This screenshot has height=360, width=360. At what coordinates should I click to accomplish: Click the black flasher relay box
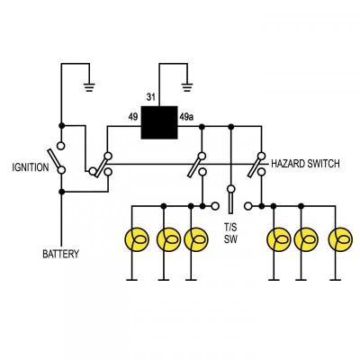click(x=158, y=122)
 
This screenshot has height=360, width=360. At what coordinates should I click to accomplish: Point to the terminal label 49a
click(x=186, y=116)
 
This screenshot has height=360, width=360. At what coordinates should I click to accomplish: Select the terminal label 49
click(x=132, y=116)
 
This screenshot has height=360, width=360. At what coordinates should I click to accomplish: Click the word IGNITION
click(x=30, y=167)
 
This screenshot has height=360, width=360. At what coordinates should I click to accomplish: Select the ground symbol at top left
click(x=88, y=87)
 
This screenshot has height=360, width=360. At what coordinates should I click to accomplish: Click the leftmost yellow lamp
click(x=136, y=239)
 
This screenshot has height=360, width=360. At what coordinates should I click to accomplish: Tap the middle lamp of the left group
click(x=167, y=239)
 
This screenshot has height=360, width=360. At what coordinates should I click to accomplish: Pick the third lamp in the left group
click(x=196, y=239)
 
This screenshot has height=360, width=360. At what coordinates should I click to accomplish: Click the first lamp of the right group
click(x=278, y=239)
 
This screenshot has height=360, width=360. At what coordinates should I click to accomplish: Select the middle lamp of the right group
click(x=307, y=239)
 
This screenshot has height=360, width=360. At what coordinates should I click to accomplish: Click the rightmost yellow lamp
click(x=339, y=239)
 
